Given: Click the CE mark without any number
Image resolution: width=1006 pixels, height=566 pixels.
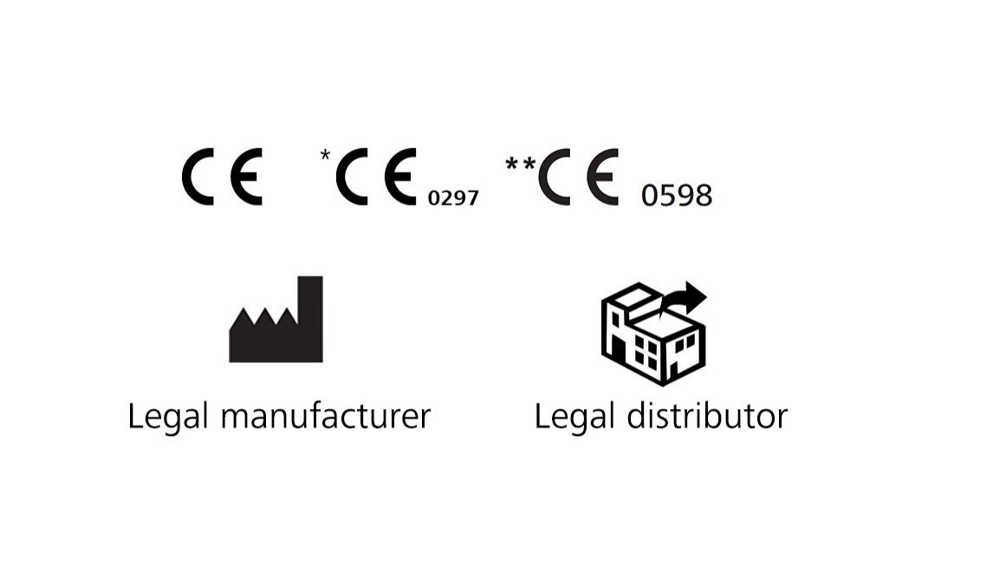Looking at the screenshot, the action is (x=222, y=177).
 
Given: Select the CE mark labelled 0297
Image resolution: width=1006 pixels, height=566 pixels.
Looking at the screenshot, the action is (x=376, y=177).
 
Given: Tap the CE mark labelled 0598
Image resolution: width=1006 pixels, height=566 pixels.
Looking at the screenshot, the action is (x=579, y=177).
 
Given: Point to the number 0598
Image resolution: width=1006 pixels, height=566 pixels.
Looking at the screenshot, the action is (x=677, y=195).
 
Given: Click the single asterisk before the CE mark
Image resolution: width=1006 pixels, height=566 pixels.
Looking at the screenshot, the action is (x=325, y=154).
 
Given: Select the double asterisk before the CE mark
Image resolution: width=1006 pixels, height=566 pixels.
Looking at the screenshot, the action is (x=520, y=164).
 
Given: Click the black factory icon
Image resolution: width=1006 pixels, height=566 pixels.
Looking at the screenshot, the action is (x=276, y=319).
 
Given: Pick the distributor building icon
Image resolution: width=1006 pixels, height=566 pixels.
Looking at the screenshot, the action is (x=654, y=334).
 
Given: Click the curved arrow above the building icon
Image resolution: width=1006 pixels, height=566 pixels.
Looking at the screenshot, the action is (x=684, y=297).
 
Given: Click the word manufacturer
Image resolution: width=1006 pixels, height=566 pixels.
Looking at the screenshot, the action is (x=325, y=416).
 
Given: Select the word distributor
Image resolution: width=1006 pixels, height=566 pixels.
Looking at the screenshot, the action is (x=707, y=416).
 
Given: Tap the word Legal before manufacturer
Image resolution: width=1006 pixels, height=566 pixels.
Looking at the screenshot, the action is (x=168, y=417).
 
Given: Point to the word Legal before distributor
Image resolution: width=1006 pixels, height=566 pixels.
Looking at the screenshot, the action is (x=574, y=417).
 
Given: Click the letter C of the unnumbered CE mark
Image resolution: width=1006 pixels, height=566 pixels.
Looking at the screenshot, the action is (x=198, y=177).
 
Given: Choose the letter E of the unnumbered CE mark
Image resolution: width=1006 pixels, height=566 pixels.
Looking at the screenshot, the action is (x=246, y=177).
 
